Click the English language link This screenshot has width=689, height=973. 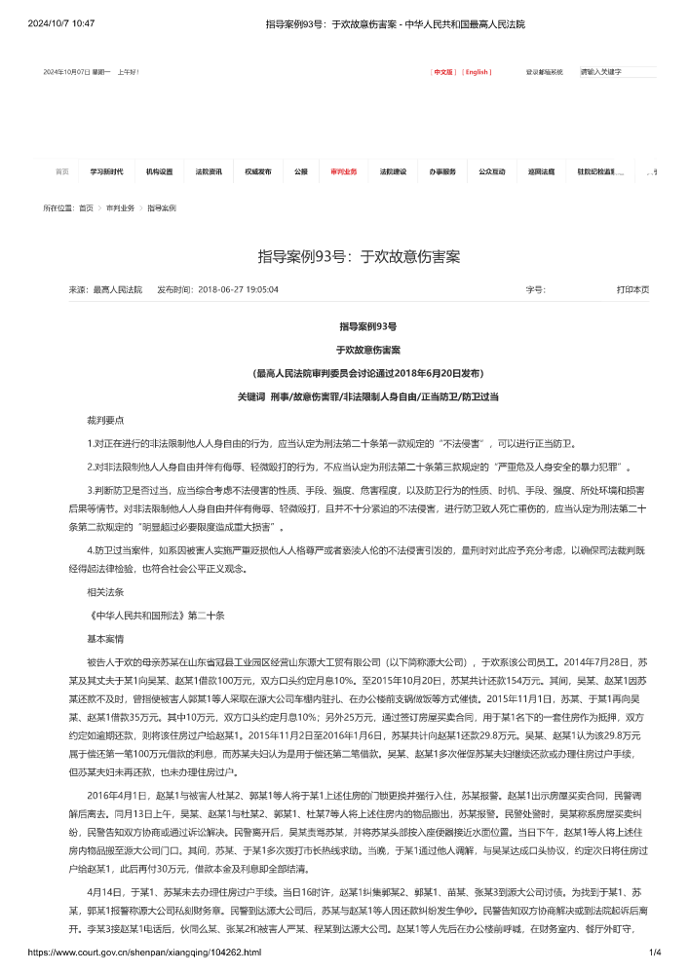[x=477, y=72]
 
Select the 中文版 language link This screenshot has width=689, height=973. [x=443, y=72]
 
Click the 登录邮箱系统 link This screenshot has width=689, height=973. [x=545, y=72]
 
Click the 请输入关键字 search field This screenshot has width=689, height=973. [x=617, y=72]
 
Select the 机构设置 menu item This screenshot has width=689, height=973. [x=159, y=171]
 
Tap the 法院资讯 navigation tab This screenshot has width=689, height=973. [x=209, y=171]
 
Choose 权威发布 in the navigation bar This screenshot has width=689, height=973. [x=258, y=171]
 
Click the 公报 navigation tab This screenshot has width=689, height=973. [x=301, y=171]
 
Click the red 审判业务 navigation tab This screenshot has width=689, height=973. [x=344, y=171]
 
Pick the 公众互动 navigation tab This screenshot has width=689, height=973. [x=492, y=171]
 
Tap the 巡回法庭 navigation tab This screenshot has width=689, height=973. [x=542, y=171]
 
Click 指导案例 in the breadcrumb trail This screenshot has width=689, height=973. [x=162, y=208]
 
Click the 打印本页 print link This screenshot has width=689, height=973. [x=632, y=290]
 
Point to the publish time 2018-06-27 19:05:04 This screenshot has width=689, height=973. [x=238, y=290]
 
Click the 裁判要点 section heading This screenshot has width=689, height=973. [x=105, y=421]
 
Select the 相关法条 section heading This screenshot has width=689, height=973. [x=105, y=592]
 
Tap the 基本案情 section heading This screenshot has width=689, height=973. [x=105, y=638]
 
